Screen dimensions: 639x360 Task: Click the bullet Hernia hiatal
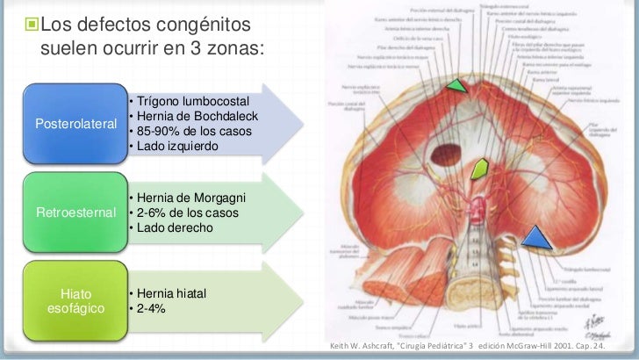[x=171, y=293]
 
